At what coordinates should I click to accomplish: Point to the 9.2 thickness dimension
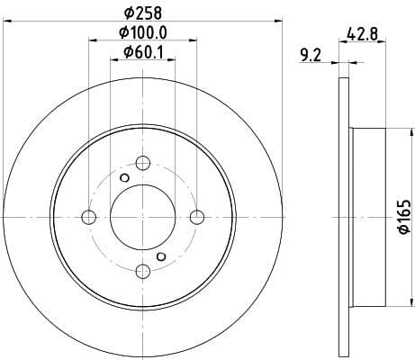(309, 55)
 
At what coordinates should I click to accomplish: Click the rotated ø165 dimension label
(402, 217)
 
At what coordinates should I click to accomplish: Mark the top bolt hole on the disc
(142, 163)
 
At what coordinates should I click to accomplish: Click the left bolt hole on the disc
(88, 216)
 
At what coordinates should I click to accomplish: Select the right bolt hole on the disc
(197, 216)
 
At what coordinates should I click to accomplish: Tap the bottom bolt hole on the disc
(142, 270)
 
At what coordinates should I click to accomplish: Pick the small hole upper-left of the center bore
(124, 177)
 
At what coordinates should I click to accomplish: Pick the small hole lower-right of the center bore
(161, 256)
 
